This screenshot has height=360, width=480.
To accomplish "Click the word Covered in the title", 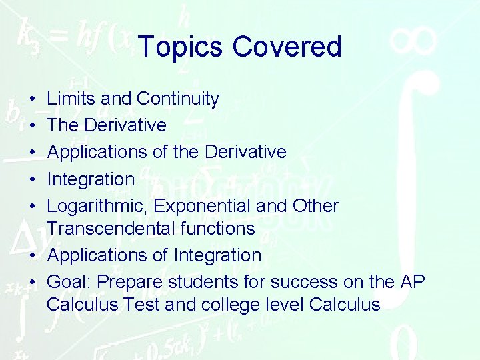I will coord(287,47).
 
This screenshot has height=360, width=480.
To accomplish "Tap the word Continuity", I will coord(178,99).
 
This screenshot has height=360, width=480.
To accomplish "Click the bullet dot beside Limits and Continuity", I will coord(33,99).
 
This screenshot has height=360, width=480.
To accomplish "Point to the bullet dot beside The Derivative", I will coord(33,126).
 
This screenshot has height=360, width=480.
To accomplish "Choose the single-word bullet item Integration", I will coord(91,179).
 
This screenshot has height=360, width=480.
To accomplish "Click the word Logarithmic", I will coord(98,207).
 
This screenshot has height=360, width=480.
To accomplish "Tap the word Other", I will coord(315,206).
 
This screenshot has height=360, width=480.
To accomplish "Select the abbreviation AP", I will coord(413,282).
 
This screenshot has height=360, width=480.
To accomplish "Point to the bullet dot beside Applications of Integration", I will coord(33,255).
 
